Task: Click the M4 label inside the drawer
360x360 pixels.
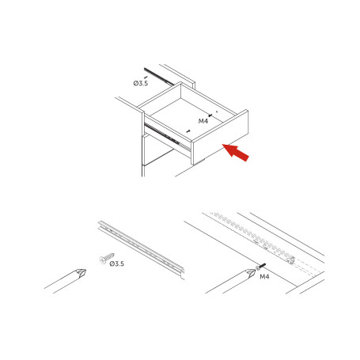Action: (203, 120)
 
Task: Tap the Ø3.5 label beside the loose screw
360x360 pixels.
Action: (117, 263)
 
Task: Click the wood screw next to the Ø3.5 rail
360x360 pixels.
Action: (104, 258)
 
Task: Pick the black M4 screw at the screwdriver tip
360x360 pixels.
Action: (260, 267)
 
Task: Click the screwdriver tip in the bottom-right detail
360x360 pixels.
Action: (250, 274)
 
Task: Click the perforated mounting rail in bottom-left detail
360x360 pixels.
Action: (142, 245)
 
